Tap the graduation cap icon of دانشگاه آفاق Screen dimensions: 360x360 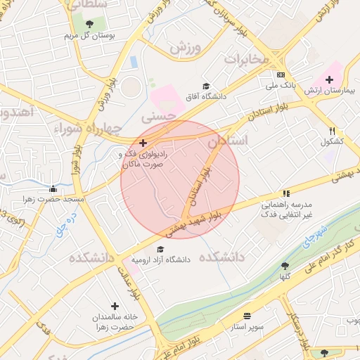click(206, 86)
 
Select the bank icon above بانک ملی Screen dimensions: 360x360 click(281, 75)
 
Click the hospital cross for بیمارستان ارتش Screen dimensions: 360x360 click(329, 79)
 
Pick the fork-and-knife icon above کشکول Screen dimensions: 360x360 click(332, 131)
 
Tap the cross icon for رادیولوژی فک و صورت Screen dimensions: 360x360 click(143, 143)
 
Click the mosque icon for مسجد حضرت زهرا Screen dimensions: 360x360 click(53, 188)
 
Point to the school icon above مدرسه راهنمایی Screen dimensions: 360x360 click(286, 193)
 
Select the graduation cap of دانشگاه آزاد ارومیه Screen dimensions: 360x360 click(160, 249)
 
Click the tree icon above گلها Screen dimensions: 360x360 click(284, 266)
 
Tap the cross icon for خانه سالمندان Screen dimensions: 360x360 click(115, 307)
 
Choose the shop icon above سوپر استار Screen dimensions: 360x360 click(247, 316)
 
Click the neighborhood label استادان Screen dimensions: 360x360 click(228, 141)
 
